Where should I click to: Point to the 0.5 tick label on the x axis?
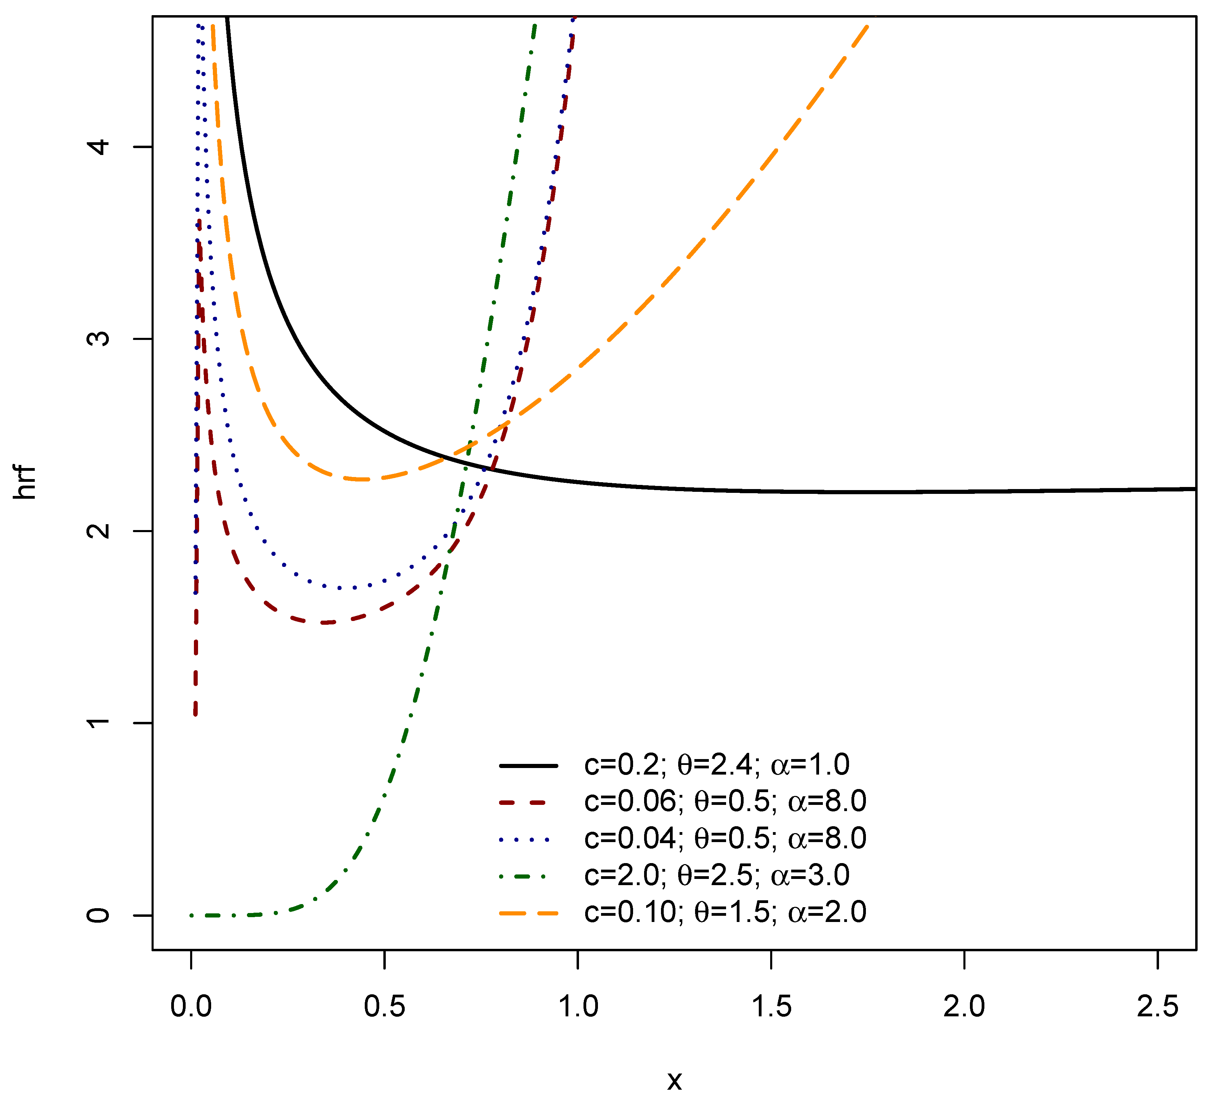coord(384,1007)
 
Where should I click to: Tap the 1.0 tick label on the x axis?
coord(578,1007)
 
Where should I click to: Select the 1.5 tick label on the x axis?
coord(771,1007)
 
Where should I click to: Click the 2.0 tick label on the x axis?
coord(964,1007)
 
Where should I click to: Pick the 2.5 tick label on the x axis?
coord(1157,1007)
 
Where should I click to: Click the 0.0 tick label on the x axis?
coord(191,1007)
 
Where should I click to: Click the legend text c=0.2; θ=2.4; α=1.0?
coord(717,765)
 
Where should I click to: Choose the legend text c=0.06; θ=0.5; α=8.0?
coord(725,801)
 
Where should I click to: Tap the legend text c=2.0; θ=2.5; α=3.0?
coord(717,875)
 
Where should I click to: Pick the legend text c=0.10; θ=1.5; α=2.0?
coord(725,912)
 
